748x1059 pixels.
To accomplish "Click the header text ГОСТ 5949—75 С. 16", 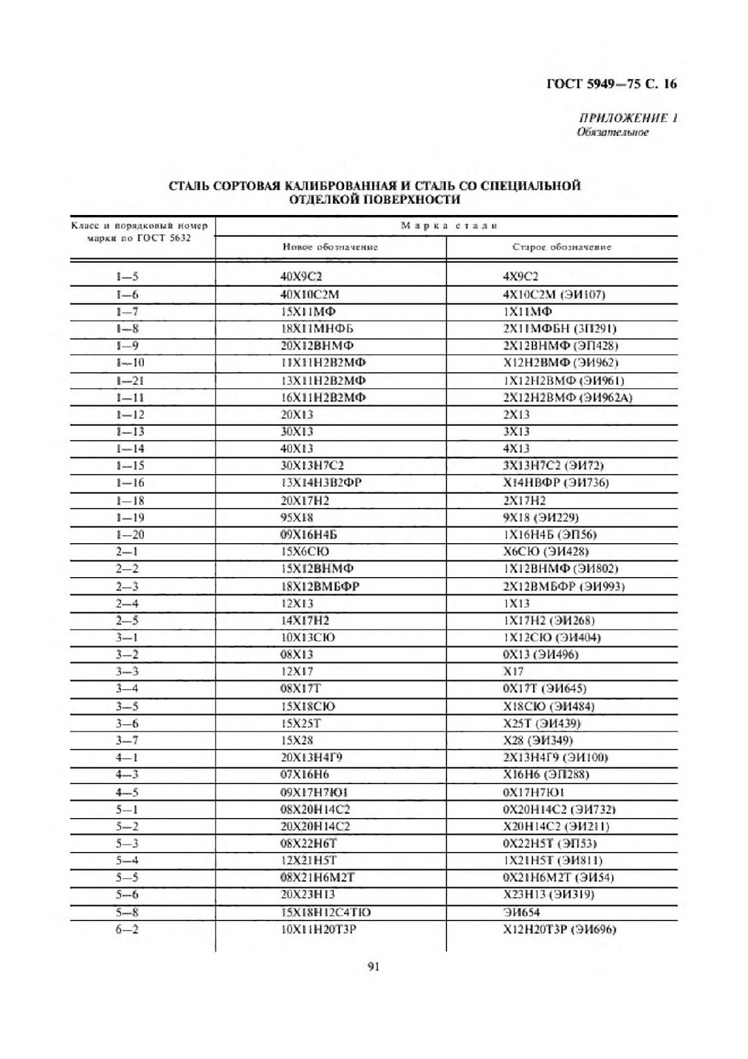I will [611, 84].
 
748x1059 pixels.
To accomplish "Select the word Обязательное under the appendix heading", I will [612, 132].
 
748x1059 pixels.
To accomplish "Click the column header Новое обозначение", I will [330, 247].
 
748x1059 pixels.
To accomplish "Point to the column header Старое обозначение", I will [562, 247].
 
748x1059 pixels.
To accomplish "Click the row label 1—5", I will [126, 277].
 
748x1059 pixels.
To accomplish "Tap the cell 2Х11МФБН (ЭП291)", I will [560, 329].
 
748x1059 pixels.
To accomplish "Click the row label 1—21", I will [129, 381].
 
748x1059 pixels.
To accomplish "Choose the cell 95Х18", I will [297, 518].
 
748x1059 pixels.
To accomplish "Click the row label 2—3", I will [126, 586].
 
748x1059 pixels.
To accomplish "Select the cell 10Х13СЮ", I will [307, 638].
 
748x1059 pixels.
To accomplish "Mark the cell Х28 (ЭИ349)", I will [538, 740].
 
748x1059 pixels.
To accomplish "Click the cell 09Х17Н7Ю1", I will [315, 792].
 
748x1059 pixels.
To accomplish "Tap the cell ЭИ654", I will [522, 912].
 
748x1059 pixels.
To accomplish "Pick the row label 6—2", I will [126, 929].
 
